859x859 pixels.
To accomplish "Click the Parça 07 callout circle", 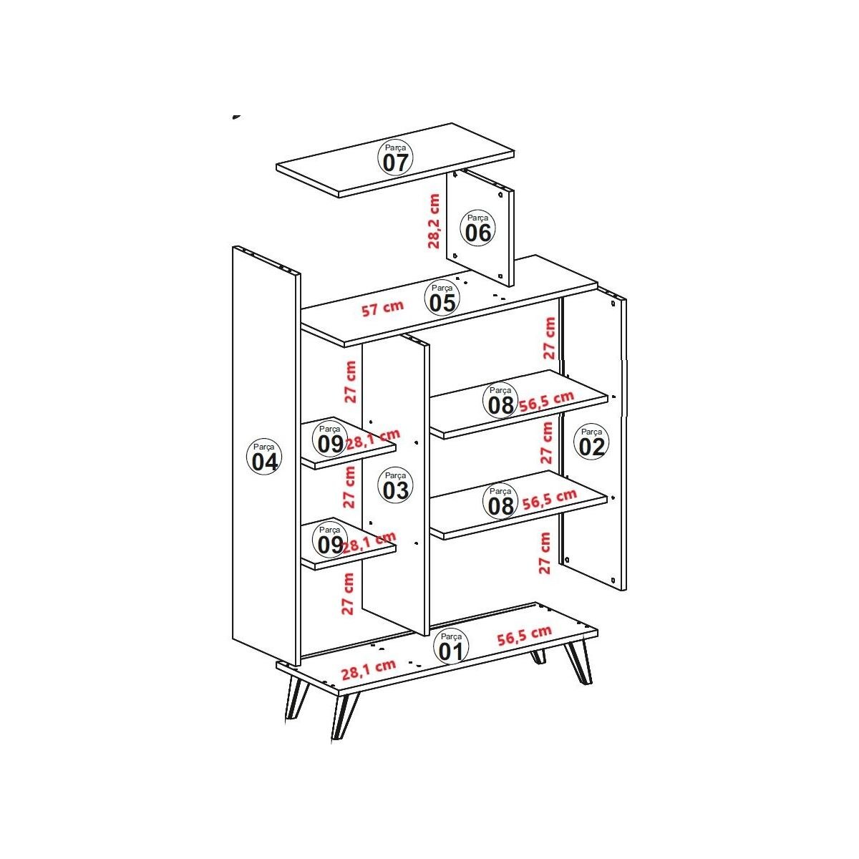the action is (395, 157).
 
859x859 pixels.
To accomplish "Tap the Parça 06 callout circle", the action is (478, 228).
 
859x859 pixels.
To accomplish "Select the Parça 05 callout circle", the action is (442, 298).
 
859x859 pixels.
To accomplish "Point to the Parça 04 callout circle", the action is (264, 457).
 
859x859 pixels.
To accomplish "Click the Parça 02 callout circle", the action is (591, 442).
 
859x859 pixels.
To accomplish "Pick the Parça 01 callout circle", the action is (451, 647).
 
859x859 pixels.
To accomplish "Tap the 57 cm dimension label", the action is (382, 308).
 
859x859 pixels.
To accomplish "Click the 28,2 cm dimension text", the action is (433, 221).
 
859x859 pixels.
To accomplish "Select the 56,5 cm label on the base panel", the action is (525, 635).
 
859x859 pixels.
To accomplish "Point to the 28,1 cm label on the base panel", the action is (368, 669).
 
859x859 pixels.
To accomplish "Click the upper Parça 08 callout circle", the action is (500, 400).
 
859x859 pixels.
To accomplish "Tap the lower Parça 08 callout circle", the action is (500, 501).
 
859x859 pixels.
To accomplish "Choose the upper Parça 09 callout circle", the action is (330, 439).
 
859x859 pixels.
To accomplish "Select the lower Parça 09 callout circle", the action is (330, 540).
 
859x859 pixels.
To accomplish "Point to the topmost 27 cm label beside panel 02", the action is (550, 338).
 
